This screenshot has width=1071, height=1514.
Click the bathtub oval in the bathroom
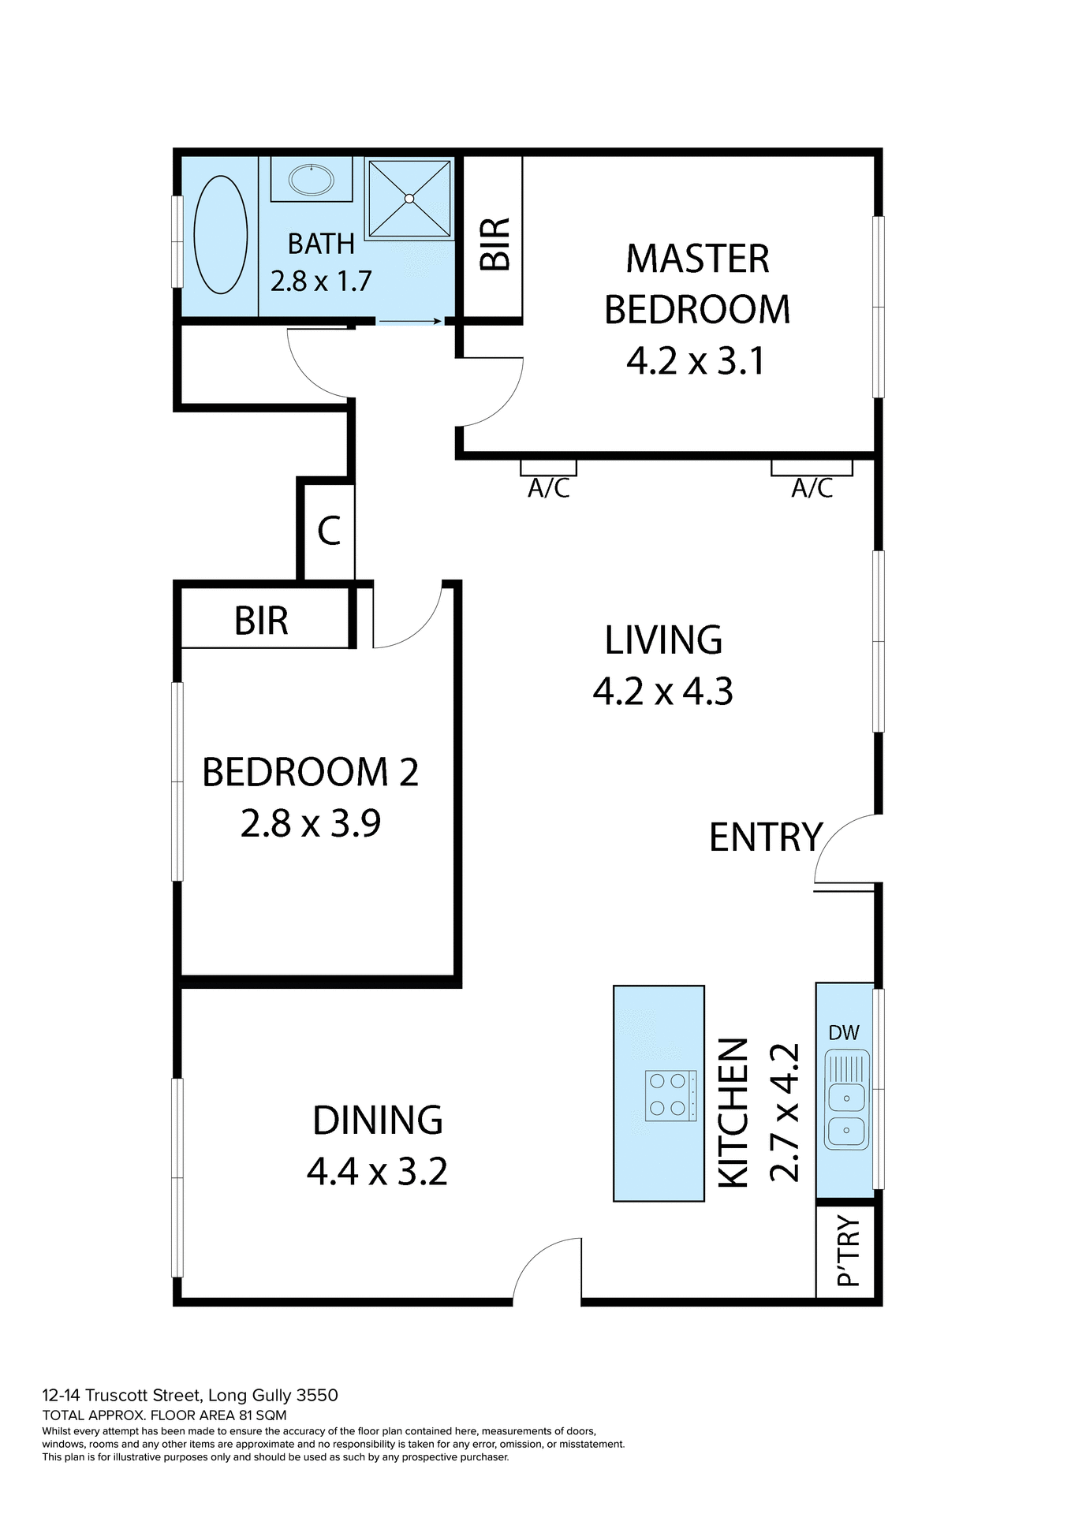click(x=221, y=235)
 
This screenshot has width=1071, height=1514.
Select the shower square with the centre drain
click(x=409, y=199)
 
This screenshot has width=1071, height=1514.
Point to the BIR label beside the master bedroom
click(x=496, y=244)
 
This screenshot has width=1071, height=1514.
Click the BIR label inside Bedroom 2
click(x=261, y=621)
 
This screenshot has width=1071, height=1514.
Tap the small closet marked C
click(x=329, y=531)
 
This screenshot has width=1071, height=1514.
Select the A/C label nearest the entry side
click(x=812, y=489)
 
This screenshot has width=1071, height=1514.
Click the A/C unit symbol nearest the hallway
click(x=548, y=468)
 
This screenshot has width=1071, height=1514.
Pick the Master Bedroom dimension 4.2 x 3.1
click(x=696, y=361)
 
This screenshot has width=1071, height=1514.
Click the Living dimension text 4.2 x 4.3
click(x=662, y=692)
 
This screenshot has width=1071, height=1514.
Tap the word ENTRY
click(x=765, y=837)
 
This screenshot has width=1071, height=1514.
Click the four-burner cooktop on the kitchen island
click(x=670, y=1095)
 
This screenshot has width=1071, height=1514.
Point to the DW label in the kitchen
click(x=844, y=1033)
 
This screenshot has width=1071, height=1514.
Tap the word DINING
click(x=378, y=1121)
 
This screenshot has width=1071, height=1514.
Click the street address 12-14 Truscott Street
click(x=189, y=1396)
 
